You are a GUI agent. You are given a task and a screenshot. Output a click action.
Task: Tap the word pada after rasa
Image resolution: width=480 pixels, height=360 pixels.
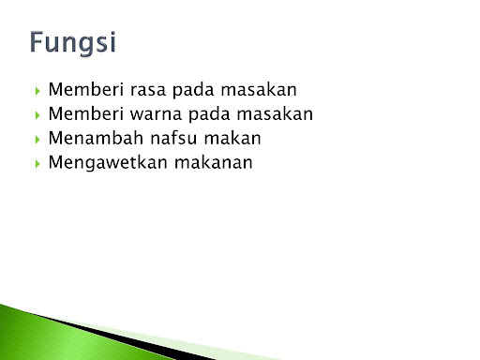point(191,91)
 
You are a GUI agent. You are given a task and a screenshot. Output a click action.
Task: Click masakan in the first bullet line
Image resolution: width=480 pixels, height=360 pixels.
point(256,91)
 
